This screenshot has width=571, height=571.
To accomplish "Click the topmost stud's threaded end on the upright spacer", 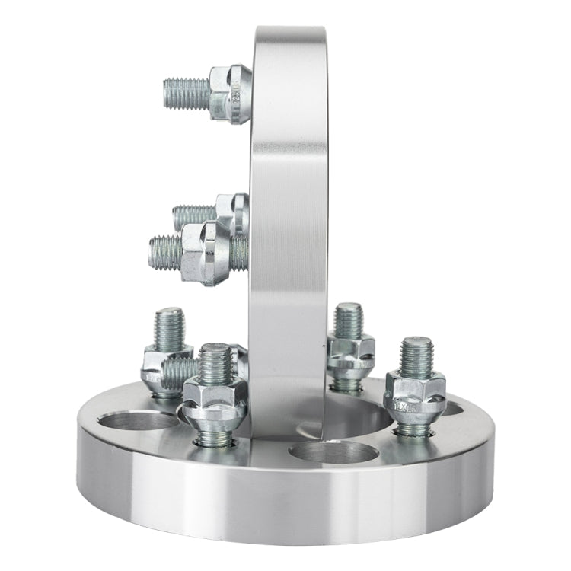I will coord(186,93).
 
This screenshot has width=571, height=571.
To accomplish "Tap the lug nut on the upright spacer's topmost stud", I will coord(230,93).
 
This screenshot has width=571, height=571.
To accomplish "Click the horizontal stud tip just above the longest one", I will coord(193,216).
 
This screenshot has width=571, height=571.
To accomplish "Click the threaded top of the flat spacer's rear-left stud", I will coord(169,327).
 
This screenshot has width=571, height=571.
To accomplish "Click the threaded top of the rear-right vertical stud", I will coord(349,320).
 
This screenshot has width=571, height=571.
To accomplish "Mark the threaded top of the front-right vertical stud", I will coord(416,356).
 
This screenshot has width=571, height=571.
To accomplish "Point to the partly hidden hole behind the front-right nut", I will coord(452,409).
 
